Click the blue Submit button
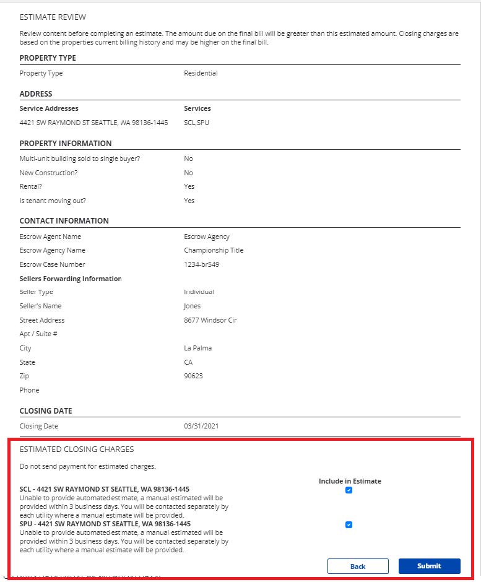click(429, 566)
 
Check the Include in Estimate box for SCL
click(349, 490)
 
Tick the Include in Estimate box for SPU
click(349, 525)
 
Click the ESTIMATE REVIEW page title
click(53, 17)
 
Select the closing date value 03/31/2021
click(201, 426)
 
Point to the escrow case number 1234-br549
click(201, 265)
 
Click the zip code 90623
click(193, 376)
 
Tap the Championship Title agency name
click(214, 251)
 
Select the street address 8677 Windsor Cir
click(210, 321)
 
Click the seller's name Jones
click(192, 306)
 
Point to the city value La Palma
click(197, 349)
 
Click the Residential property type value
click(201, 74)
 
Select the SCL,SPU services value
click(196, 123)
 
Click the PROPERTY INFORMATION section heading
click(66, 144)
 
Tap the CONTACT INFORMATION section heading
click(64, 221)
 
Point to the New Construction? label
click(48, 173)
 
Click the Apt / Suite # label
click(38, 334)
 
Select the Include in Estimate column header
click(350, 481)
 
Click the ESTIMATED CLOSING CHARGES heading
click(77, 450)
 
